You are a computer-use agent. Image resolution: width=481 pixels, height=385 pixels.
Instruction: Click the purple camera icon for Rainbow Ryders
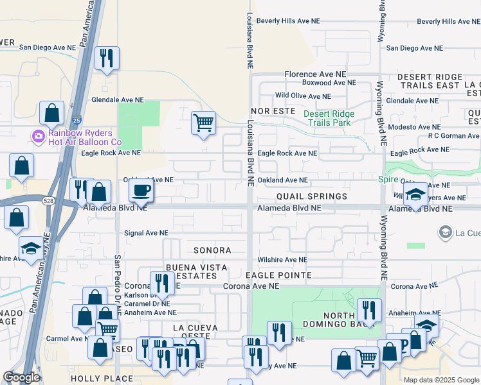tap(38, 135)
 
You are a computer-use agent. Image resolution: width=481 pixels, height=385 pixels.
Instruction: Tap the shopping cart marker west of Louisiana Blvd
tap(204, 122)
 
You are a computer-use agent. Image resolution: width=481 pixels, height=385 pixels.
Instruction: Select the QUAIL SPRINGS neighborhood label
tap(312, 196)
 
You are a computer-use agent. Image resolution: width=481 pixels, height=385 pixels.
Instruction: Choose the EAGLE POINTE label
tap(278, 275)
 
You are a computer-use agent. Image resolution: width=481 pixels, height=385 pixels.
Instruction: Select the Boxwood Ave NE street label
tap(329, 83)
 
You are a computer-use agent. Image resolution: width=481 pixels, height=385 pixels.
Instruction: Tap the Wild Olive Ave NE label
tap(303, 96)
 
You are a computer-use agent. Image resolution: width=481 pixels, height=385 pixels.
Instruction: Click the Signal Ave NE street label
tap(146, 233)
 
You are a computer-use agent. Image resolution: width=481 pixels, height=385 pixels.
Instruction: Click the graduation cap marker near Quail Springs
tap(416, 195)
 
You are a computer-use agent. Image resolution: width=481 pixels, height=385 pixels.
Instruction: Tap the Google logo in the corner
tap(21, 377)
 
